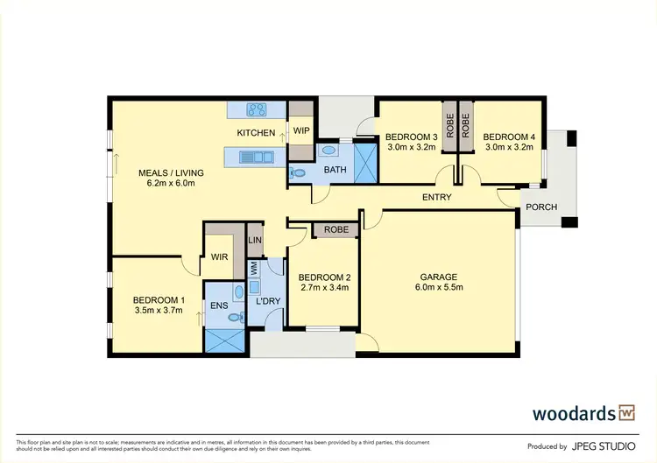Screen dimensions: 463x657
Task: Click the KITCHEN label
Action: [256, 133]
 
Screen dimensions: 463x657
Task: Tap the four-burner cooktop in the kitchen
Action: [258, 110]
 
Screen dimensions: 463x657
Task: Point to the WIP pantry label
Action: [301, 131]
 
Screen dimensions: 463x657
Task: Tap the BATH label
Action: [336, 169]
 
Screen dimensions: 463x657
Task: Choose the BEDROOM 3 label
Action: [411, 137]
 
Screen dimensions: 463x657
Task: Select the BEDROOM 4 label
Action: [508, 137]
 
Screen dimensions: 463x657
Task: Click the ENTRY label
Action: [436, 198]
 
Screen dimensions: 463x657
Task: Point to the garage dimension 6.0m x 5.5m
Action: [439, 287]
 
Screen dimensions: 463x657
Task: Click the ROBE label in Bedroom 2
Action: [336, 230]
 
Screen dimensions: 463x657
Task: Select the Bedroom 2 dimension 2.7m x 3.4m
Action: [324, 287]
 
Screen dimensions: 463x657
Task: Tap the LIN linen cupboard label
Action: [255, 240]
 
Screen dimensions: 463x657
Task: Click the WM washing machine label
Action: [254, 268]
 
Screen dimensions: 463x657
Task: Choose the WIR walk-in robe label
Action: [220, 257]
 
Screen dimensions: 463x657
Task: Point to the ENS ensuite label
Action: [218, 306]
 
